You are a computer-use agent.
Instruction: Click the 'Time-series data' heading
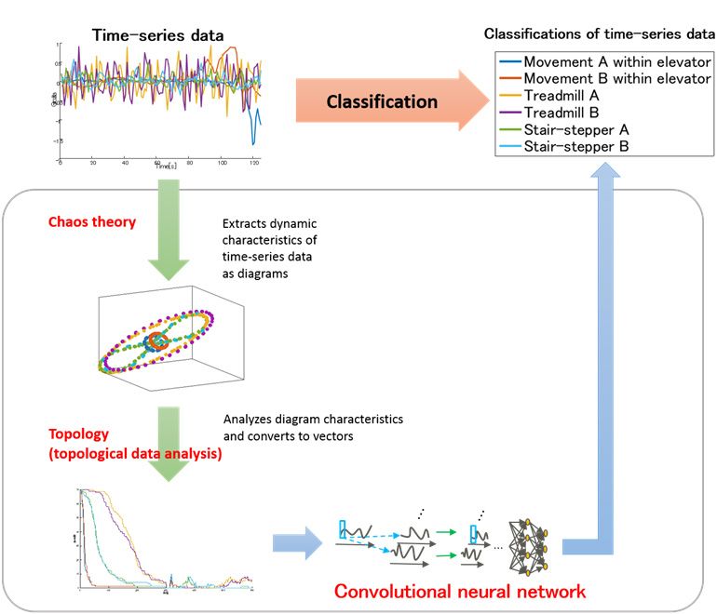pos(157,36)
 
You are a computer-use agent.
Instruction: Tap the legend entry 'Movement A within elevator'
pos(616,62)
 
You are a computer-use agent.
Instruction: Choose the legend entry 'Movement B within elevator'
pos(616,79)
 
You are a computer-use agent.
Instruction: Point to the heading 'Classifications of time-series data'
pos(599,34)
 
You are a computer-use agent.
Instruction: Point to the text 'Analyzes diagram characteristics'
pos(313,420)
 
